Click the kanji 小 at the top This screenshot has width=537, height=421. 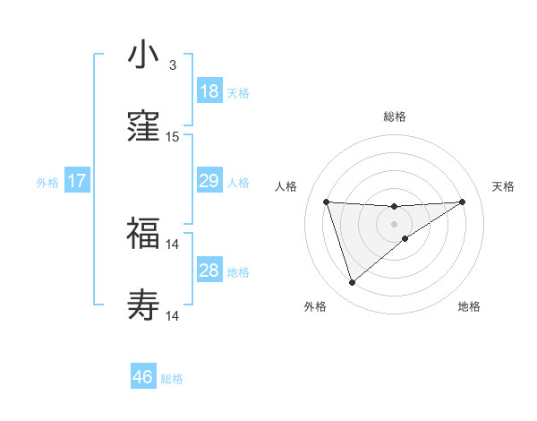[x=143, y=56]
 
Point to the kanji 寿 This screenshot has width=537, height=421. [x=143, y=305]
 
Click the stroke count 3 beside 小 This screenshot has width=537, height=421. [x=173, y=65]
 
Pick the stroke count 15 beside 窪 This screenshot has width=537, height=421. [x=173, y=137]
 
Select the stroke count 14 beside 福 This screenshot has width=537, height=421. [x=173, y=244]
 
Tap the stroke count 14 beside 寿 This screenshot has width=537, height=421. [x=173, y=315]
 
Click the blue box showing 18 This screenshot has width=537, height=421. [x=209, y=91]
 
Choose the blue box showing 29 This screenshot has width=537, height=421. [x=209, y=181]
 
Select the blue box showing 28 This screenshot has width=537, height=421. [x=209, y=271]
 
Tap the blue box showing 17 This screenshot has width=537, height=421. [x=77, y=181]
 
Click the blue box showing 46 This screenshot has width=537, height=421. [x=143, y=377]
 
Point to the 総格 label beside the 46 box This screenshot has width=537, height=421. [x=172, y=379]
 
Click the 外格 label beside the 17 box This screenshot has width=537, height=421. [x=47, y=183]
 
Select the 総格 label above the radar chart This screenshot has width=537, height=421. [x=394, y=116]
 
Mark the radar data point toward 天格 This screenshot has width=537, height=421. [x=462, y=202]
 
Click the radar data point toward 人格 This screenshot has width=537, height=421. [x=327, y=202]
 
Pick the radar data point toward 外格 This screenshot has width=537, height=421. [x=352, y=283]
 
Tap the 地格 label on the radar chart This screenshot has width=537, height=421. [x=469, y=306]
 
